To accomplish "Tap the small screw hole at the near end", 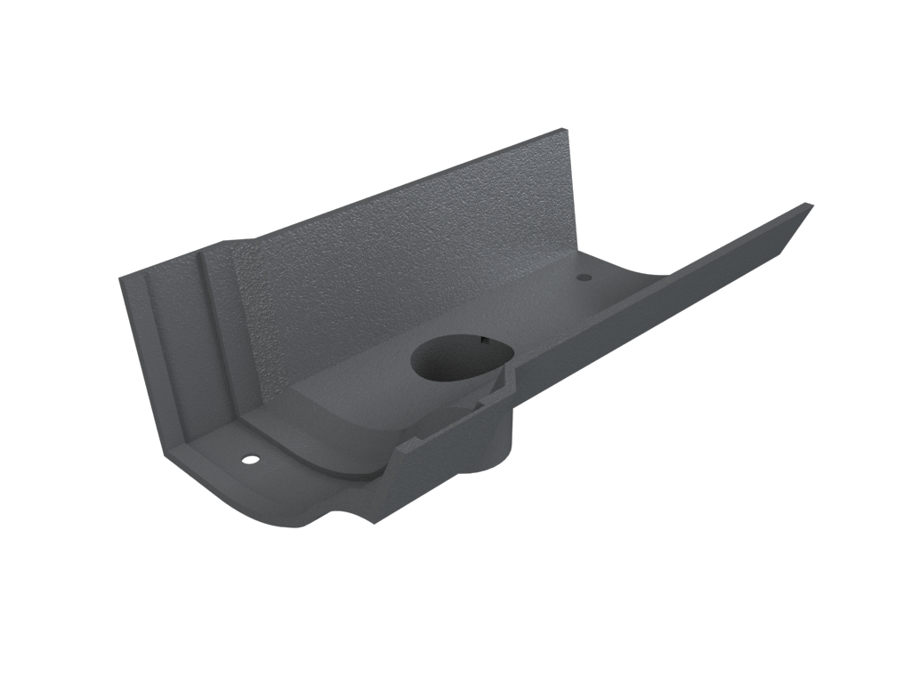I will pyautogui.click(x=248, y=462).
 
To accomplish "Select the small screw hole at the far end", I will pyautogui.click(x=584, y=278).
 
